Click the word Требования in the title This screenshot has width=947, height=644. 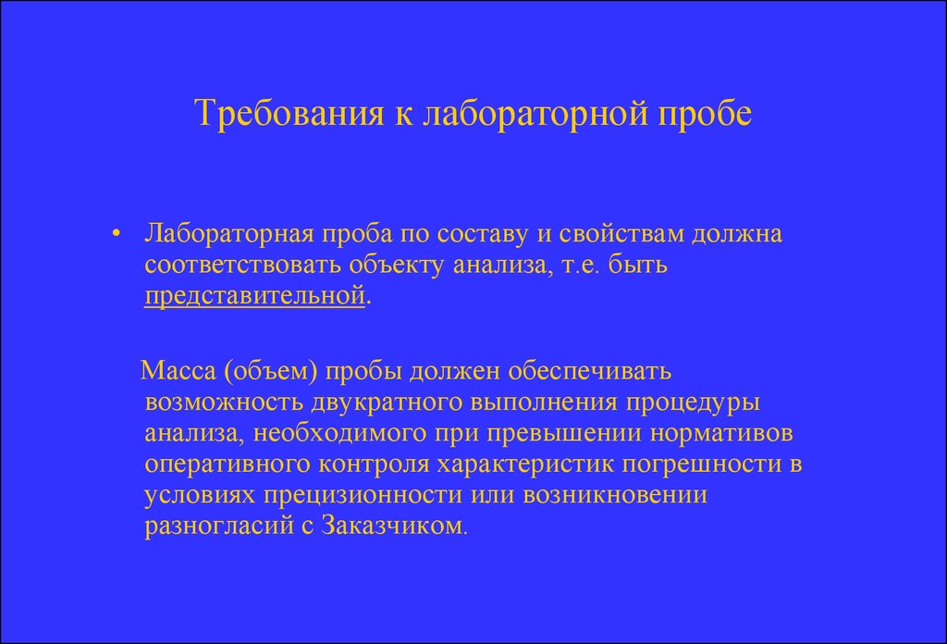tap(289, 113)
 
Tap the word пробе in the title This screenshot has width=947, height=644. tap(704, 113)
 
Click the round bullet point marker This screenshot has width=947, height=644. tap(117, 234)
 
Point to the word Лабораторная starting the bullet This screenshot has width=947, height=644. tap(229, 234)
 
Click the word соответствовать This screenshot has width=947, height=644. tap(243, 265)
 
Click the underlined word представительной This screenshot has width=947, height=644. tap(255, 296)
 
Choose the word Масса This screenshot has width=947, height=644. tap(178, 370)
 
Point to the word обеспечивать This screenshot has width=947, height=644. tap(589, 370)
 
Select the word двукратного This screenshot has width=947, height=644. tap(387, 402)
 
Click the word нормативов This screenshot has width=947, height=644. tap(721, 433)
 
